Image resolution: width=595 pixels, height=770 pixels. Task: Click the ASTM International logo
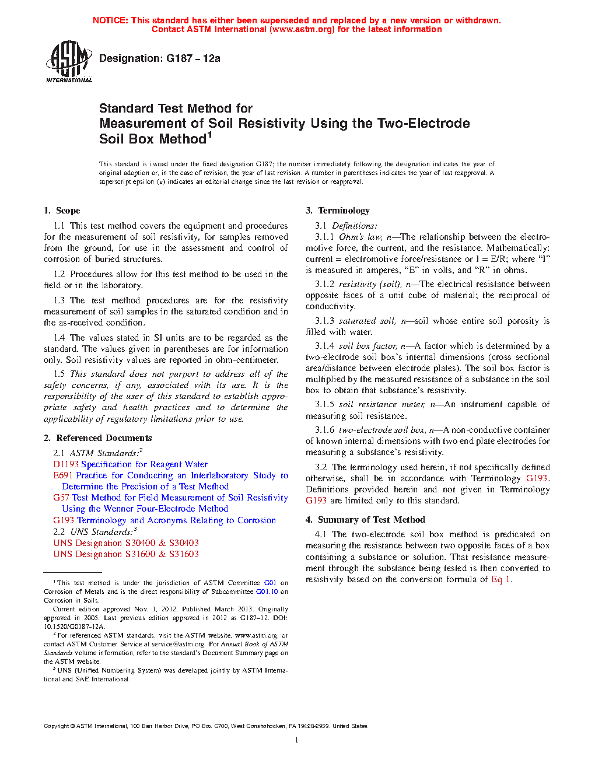pyautogui.click(x=68, y=61)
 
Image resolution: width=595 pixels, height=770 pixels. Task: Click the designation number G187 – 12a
pyautogui.click(x=193, y=58)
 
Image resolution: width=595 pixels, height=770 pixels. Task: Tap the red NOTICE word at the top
pyautogui.click(x=110, y=20)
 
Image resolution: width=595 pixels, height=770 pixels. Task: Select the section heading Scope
pyautogui.click(x=68, y=211)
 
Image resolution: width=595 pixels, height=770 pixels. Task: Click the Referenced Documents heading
pyautogui.click(x=104, y=438)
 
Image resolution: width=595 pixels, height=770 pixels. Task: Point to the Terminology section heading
pyautogui.click(x=344, y=211)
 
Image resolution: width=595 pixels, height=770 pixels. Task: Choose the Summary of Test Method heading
pyautogui.click(x=371, y=520)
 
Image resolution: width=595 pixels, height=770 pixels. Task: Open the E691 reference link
pyautogui.click(x=62, y=475)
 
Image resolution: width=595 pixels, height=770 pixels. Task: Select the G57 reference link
pyautogui.click(x=61, y=498)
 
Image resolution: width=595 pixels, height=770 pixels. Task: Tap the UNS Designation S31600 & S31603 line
pyautogui.click(x=126, y=554)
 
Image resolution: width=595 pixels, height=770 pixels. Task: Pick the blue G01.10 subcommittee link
pyautogui.click(x=267, y=591)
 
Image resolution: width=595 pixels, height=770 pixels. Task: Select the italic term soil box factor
pyautogui.click(x=367, y=346)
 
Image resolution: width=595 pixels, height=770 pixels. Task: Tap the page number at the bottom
pyautogui.click(x=297, y=740)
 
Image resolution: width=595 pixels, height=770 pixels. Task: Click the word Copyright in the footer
pyautogui.click(x=56, y=726)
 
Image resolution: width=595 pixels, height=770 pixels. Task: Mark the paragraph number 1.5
pyautogui.click(x=59, y=374)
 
